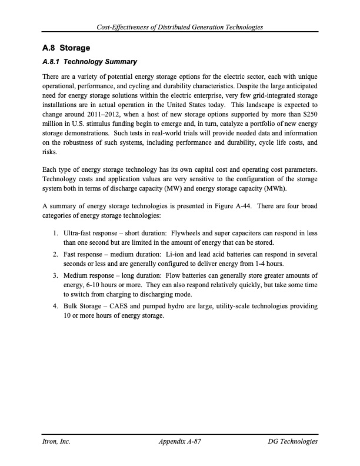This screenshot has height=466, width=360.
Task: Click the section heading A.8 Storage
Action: [x=66, y=48]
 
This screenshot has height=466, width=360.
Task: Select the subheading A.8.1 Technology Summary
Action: [x=90, y=62]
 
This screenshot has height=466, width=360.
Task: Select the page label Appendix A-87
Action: [x=180, y=441]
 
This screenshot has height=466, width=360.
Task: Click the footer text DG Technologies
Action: [x=292, y=441]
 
